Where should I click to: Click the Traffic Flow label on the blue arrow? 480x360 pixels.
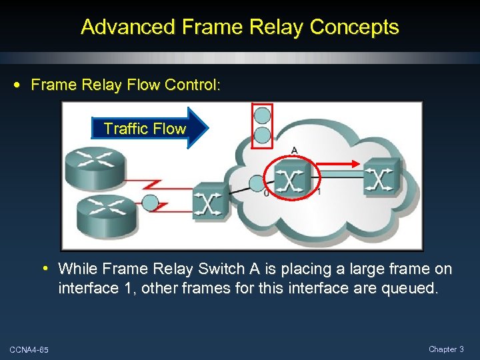pyautogui.click(x=144, y=129)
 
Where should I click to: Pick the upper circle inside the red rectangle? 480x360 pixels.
pyautogui.click(x=263, y=115)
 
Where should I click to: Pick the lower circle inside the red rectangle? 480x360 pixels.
pyautogui.click(x=263, y=135)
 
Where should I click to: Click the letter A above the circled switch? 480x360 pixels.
pyautogui.click(x=294, y=150)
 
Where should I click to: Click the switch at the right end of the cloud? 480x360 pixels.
pyautogui.click(x=382, y=177)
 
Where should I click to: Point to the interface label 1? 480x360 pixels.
pyautogui.click(x=318, y=193)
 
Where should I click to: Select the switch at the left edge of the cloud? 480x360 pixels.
pyautogui.click(x=209, y=201)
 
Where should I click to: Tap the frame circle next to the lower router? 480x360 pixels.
pyautogui.click(x=151, y=203)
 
